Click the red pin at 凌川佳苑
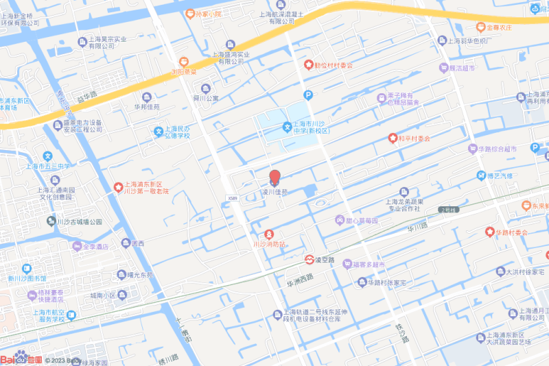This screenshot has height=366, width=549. click(274, 177)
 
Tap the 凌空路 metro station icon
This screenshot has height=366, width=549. click(309, 260)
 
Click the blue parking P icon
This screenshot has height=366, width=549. click(308, 95)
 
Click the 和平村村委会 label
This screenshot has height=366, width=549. click(414, 138)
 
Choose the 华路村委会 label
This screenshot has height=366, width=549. click(511, 232)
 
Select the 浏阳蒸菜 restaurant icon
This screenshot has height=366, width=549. click(183, 62)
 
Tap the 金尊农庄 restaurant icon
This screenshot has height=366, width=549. click(480, 27)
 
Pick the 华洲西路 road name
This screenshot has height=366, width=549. click(300, 277)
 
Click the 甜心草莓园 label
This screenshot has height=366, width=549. click(362, 220)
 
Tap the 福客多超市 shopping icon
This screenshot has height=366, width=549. click(347, 264)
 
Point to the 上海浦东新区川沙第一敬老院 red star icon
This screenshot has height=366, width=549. click(117, 187)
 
